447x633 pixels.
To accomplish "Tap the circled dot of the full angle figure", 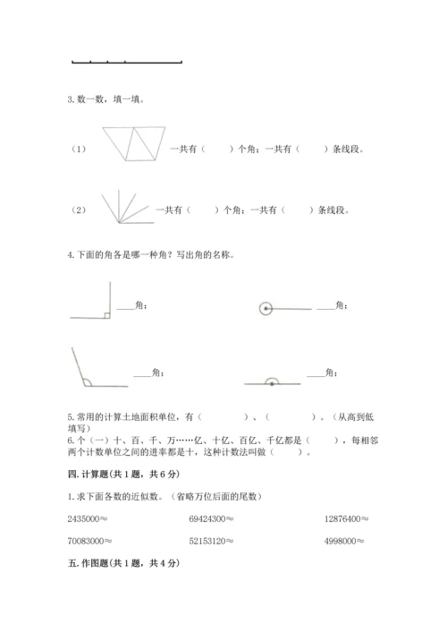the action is point(266,309).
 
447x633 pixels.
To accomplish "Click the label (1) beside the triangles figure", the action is point(79,149).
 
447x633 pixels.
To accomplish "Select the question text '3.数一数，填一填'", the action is point(105,99).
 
